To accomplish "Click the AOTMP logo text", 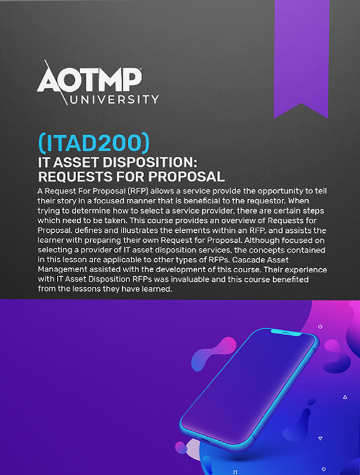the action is pos(90,80).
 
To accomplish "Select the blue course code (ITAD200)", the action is pos(94,143).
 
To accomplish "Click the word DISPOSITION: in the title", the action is pos(150,163).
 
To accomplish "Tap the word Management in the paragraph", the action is pos(57,270).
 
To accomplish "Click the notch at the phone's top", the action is pos(286,332).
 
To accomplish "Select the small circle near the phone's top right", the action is pos(320,327).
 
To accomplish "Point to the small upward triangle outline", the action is pos(345,397).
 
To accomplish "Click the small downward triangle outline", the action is pos(320,438).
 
